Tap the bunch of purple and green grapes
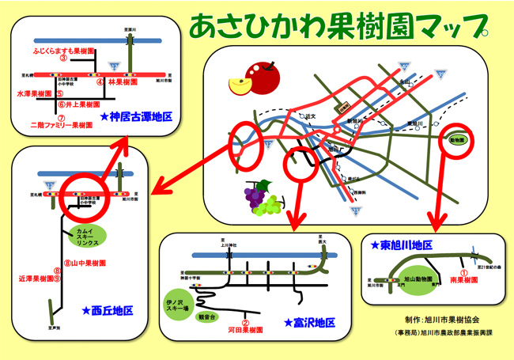tap(263, 197)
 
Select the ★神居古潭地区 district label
tap(137, 116)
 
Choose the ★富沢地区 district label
tap(309, 322)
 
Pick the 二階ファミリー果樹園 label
tap(62, 125)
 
